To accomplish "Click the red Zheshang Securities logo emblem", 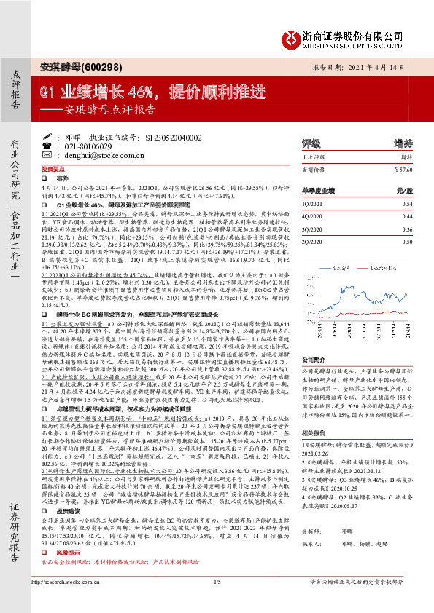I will pyautogui.click(x=292, y=37).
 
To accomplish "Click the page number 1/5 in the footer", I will pyautogui.click(x=217, y=602).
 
